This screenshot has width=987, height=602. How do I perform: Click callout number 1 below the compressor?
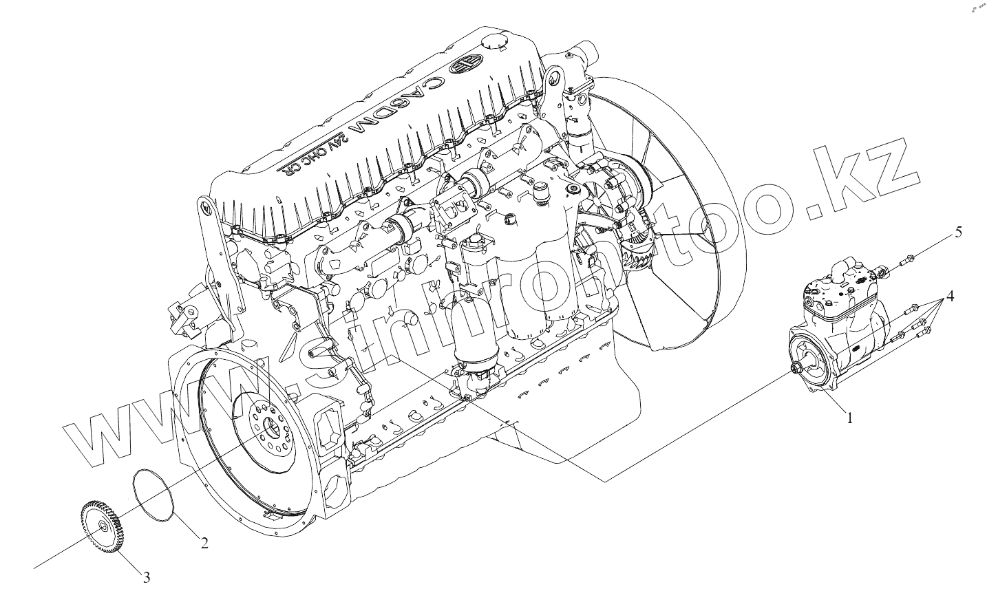pyautogui.click(x=849, y=418)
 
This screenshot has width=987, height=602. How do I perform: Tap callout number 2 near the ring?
pyautogui.click(x=204, y=544)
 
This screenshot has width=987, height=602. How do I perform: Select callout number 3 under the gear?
pyautogui.click(x=146, y=578)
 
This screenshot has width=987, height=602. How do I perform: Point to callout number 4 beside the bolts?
pyautogui.click(x=949, y=297)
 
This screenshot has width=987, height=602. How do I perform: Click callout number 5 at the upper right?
pyautogui.click(x=957, y=233)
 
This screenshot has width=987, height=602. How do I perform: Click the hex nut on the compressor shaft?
pyautogui.click(x=797, y=369)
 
